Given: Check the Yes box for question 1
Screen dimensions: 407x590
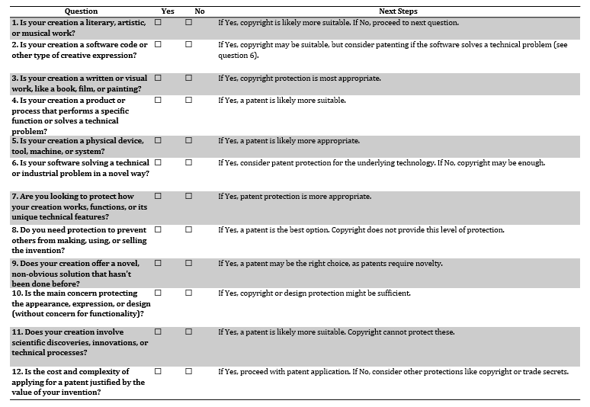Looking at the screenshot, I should (158, 23).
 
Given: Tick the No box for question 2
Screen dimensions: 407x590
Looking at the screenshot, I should (188, 44).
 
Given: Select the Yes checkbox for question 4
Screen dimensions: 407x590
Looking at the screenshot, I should (158, 100).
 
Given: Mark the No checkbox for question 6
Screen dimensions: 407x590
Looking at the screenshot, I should (188, 162).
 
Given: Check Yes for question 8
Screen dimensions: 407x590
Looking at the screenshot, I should (158, 229).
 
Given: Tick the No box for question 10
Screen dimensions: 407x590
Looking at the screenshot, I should (188, 293).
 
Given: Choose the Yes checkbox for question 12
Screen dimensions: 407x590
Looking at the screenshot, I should (158, 371).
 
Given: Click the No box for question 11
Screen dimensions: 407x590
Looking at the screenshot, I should (188, 332).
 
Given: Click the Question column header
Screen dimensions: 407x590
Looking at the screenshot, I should (81, 11).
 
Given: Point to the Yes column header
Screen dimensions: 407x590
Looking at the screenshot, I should (168, 11).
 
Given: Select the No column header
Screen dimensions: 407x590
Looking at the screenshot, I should (200, 11).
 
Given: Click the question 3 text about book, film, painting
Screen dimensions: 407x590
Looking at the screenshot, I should (79, 84).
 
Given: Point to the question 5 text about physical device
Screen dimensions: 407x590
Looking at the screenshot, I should (79, 146).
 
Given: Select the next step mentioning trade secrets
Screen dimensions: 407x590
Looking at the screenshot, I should (393, 371).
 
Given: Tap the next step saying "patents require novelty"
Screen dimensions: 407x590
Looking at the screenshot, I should (330, 263).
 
